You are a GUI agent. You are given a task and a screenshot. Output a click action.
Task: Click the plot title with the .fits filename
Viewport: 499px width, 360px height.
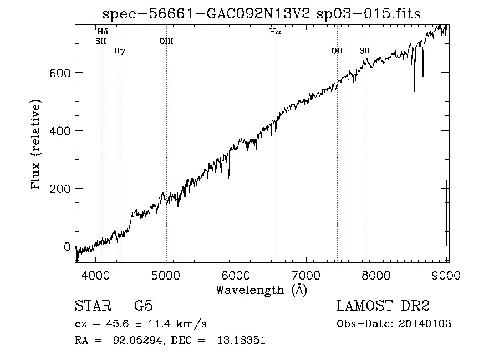(262, 14)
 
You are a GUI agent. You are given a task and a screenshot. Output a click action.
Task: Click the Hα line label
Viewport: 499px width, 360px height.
(275, 32)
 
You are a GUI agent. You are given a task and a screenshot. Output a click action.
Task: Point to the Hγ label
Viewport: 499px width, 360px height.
(119, 51)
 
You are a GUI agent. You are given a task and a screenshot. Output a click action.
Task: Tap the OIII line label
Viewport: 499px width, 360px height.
(166, 40)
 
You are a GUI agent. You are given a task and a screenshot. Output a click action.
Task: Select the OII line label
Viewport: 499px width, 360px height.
(337, 51)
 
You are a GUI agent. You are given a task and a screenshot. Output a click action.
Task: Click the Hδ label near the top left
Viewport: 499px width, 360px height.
(103, 32)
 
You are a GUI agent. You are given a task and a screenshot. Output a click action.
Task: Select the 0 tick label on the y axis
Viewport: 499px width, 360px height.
(68, 246)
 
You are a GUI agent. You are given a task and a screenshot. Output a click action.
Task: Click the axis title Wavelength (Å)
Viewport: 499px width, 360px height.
(261, 290)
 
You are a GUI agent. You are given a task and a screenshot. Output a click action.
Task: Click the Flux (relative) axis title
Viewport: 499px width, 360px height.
(37, 145)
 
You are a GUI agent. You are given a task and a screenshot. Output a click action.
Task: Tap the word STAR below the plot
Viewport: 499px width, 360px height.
(93, 307)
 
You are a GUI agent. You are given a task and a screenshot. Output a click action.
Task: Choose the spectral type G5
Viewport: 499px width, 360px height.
(143, 307)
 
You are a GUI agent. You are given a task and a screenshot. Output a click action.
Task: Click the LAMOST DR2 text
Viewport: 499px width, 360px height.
(383, 307)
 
